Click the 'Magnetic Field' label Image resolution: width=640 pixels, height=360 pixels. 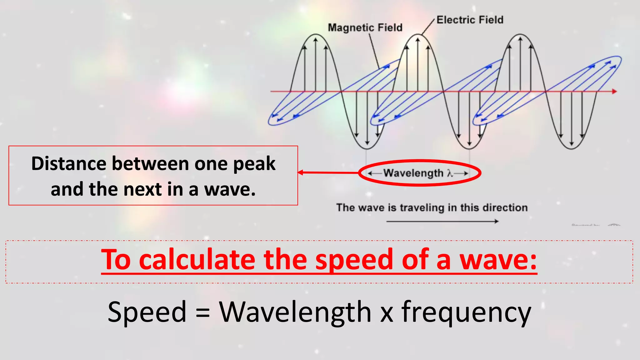[x=365, y=27]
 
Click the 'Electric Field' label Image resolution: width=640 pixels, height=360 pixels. [x=470, y=20]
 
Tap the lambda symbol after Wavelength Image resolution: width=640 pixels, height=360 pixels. [x=450, y=173]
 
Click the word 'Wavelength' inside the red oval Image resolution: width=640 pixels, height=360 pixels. [x=413, y=173]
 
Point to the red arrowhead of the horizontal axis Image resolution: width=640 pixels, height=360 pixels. [x=614, y=92]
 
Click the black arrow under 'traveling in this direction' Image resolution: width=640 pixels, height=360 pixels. [x=442, y=221]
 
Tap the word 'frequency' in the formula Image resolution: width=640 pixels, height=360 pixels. [x=466, y=312]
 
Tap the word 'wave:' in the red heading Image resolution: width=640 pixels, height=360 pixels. [x=498, y=260]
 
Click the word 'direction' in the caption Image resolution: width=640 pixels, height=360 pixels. [x=505, y=207]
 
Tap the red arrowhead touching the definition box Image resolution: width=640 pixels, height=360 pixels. [x=300, y=172]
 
